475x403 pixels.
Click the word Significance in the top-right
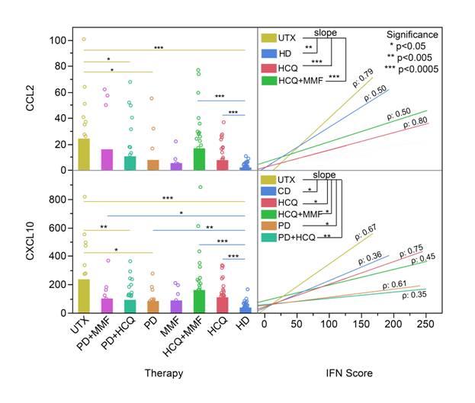coord(412,34)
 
